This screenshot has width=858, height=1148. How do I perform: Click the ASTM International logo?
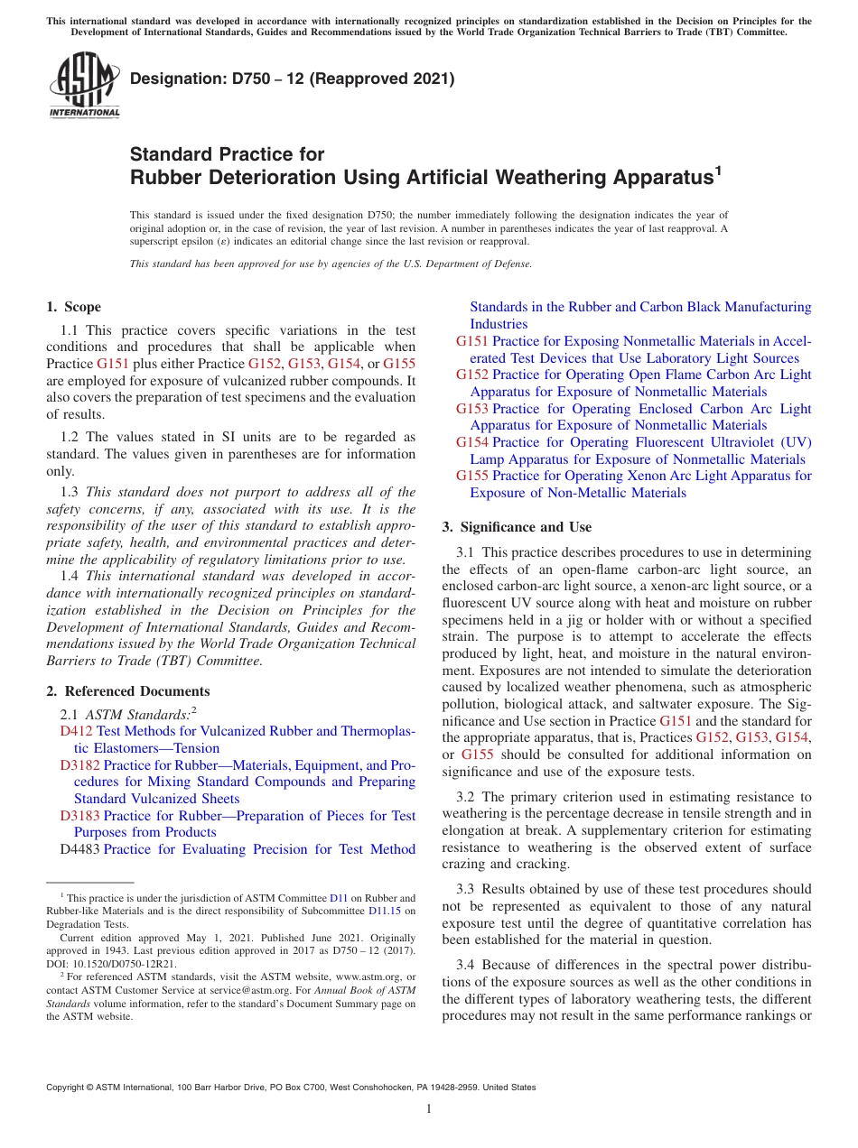[x=84, y=86]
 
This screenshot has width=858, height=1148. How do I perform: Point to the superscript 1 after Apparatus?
[x=718, y=169]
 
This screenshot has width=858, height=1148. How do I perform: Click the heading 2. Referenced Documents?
[x=127, y=691]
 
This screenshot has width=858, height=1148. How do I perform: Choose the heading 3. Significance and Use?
[x=517, y=527]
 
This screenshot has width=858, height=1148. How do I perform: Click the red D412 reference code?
[x=76, y=731]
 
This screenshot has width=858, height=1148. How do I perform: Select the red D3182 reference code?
[x=79, y=765]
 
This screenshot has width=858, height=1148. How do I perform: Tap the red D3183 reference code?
[x=79, y=816]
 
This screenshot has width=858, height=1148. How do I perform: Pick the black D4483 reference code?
[x=79, y=849]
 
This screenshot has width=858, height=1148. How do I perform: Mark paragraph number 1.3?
[x=70, y=493]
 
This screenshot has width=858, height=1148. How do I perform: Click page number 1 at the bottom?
[x=429, y=1109]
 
